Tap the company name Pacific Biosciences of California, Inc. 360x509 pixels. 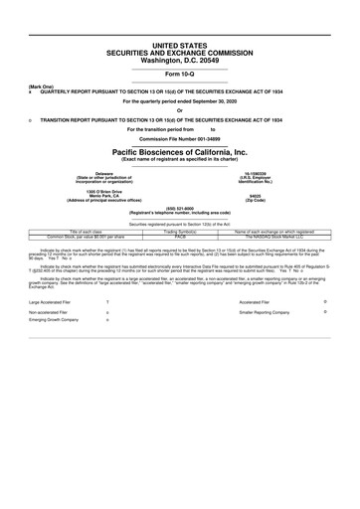[180, 150]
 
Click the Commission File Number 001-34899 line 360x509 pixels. [180, 137]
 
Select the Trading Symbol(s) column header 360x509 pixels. [181, 231]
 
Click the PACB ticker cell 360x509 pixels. [181, 236]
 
